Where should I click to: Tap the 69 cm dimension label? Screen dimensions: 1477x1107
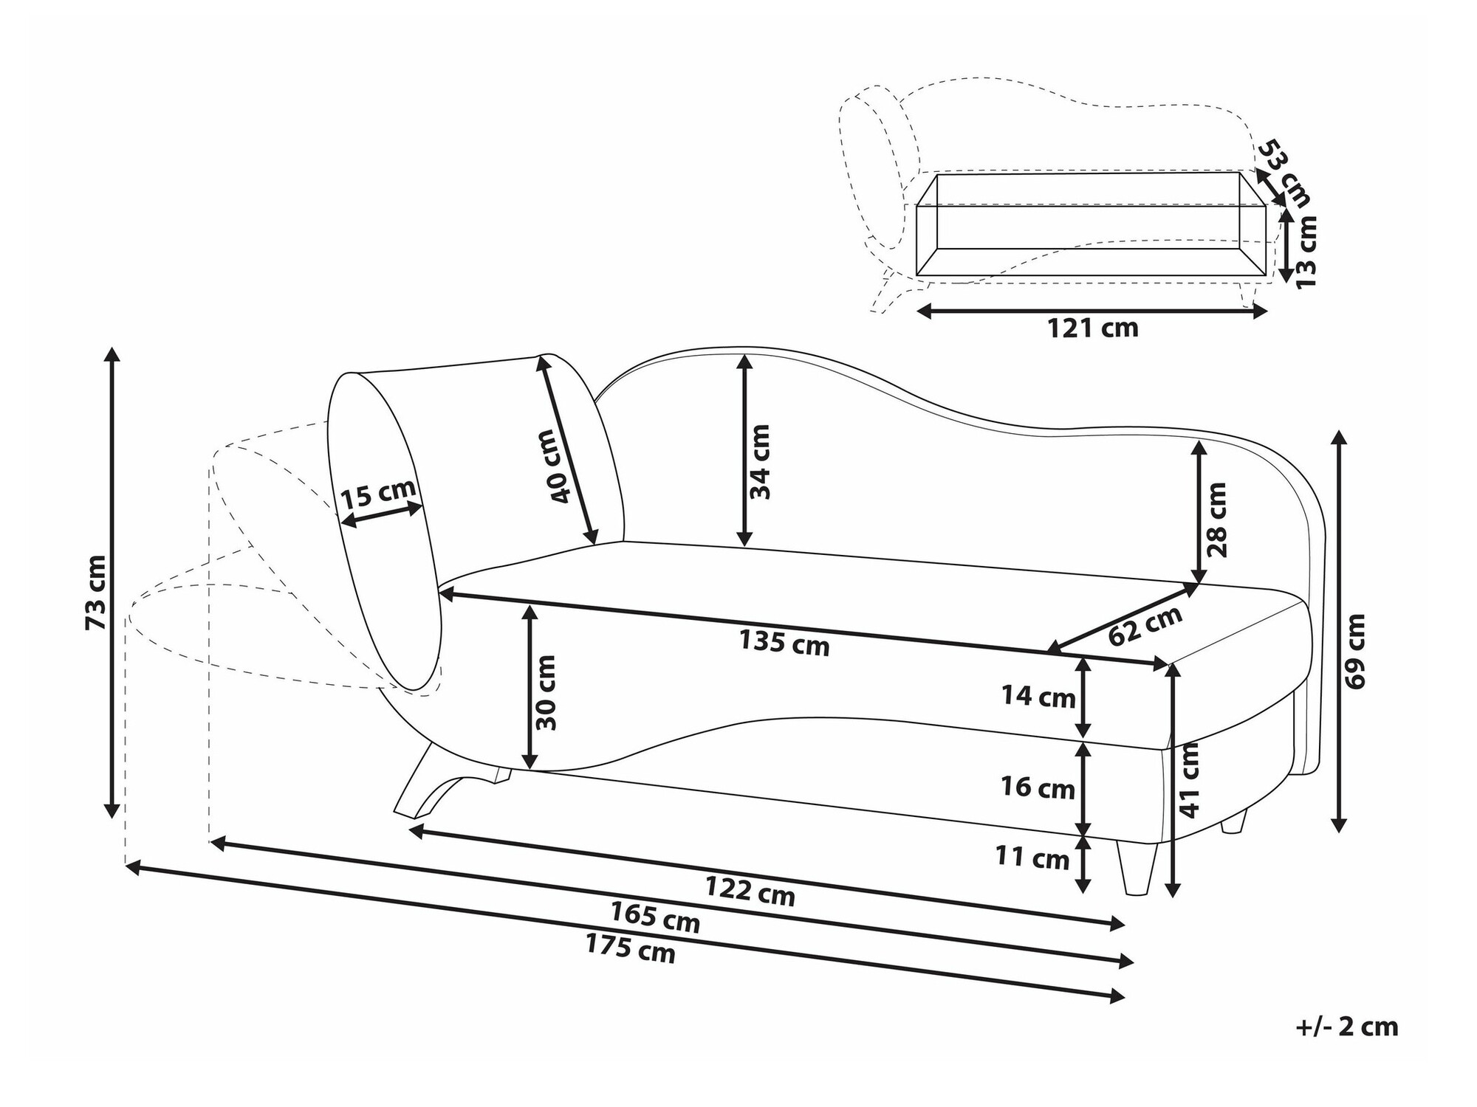[x=1357, y=651]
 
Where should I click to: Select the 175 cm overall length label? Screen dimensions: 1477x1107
[x=631, y=948]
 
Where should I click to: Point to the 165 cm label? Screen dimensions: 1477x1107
[x=655, y=917]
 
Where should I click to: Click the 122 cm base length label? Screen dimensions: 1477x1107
[x=750, y=891]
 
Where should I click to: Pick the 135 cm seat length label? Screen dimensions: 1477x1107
[x=785, y=642]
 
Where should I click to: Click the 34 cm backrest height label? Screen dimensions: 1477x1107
[x=760, y=462]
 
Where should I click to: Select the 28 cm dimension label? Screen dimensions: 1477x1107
[x=1216, y=520]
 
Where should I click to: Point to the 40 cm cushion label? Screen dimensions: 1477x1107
[x=560, y=466]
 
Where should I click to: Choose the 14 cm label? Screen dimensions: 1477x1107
[x=1038, y=696]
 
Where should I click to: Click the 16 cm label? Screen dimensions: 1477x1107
[x=1038, y=788]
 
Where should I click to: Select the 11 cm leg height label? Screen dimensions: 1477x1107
[x=1032, y=858]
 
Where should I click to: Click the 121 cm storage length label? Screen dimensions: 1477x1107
[x=1093, y=327]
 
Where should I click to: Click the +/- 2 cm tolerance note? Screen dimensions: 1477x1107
[x=1347, y=1027]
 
